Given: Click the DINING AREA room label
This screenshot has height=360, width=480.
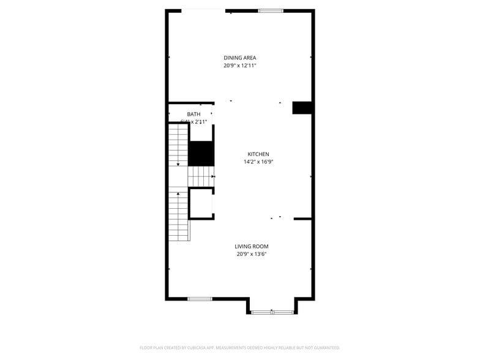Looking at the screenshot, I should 239,58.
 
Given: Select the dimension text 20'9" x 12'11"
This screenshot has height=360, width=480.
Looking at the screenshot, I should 239,65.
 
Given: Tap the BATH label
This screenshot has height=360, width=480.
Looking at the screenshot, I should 193,114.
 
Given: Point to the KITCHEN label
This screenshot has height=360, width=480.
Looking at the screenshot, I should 258,154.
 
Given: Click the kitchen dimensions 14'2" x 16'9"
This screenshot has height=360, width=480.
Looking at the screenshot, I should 258,162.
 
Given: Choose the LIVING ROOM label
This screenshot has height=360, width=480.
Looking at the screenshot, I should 252,247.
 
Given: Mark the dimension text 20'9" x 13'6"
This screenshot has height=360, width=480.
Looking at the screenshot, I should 252,254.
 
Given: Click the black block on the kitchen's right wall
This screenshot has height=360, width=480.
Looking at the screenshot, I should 303,108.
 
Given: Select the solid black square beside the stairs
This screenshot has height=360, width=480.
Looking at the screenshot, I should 200,153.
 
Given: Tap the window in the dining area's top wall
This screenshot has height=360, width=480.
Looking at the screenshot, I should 270,10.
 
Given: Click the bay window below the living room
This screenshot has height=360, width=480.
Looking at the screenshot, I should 272,312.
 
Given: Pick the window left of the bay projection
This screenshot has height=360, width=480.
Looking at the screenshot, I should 200,299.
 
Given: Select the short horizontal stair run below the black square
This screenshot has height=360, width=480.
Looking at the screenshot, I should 200,176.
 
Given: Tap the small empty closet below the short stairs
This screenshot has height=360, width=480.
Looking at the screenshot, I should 201,203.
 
